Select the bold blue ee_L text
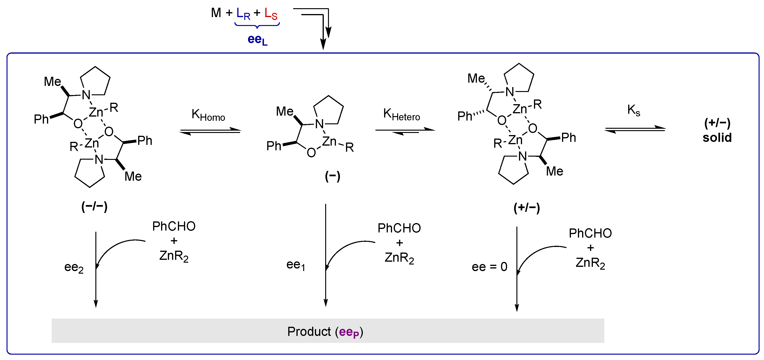tap(257, 40)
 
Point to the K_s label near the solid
tap(634, 110)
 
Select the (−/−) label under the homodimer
tap(94, 206)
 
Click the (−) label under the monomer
tap(332, 176)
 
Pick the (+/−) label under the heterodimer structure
tap(526, 208)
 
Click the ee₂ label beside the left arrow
tap(74, 267)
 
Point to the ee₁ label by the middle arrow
tap(296, 265)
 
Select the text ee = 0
tap(489, 267)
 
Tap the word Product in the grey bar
tap(309, 331)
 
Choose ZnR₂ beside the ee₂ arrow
tap(174, 256)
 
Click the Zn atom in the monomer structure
tap(329, 141)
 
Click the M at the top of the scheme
tap(216, 13)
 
